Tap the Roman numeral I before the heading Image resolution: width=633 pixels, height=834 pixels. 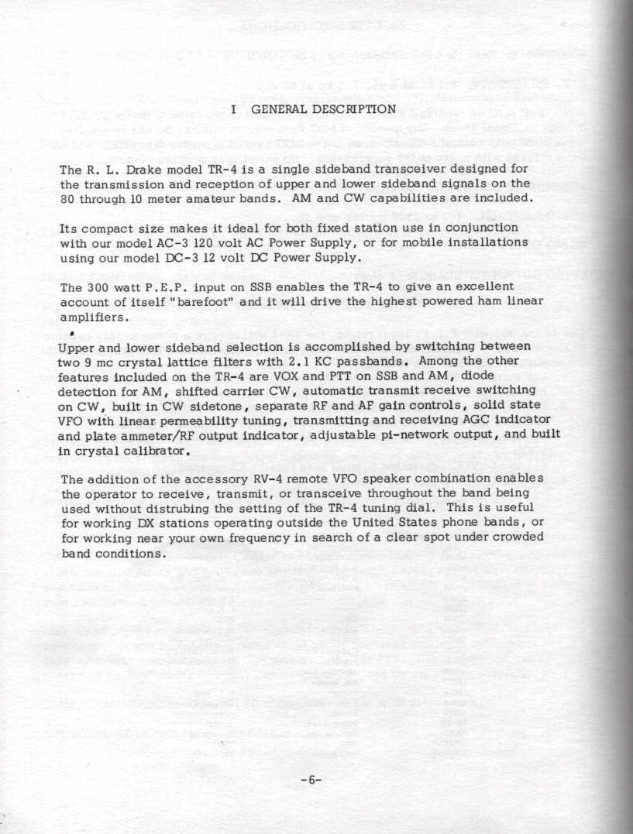(233, 109)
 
